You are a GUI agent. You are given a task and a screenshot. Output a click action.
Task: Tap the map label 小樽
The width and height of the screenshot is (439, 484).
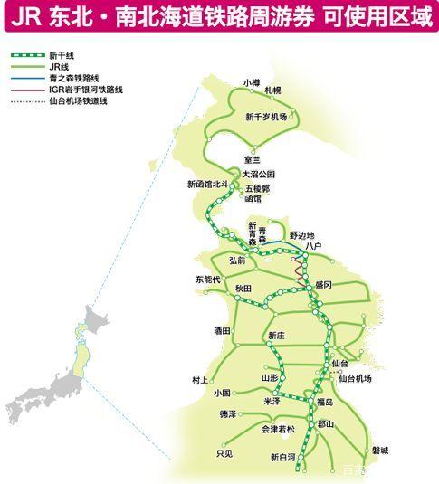click(251, 82)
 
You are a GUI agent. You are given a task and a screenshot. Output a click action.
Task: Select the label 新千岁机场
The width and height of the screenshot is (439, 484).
click(265, 118)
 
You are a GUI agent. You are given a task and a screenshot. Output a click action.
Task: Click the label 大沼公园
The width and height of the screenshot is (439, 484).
click(257, 174)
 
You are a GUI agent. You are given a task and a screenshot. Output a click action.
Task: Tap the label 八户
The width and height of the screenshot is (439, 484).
click(314, 244)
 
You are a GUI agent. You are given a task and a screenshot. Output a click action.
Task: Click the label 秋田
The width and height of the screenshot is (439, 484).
click(243, 288)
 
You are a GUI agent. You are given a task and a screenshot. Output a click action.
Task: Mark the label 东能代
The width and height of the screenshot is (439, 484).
click(207, 280)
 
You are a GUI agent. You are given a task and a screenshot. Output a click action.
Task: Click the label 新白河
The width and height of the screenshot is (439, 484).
click(283, 458)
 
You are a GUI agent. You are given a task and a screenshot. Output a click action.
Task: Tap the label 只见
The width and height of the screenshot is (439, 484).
click(224, 453)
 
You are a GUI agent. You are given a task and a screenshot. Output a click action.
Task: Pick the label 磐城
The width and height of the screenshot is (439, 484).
click(379, 450)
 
